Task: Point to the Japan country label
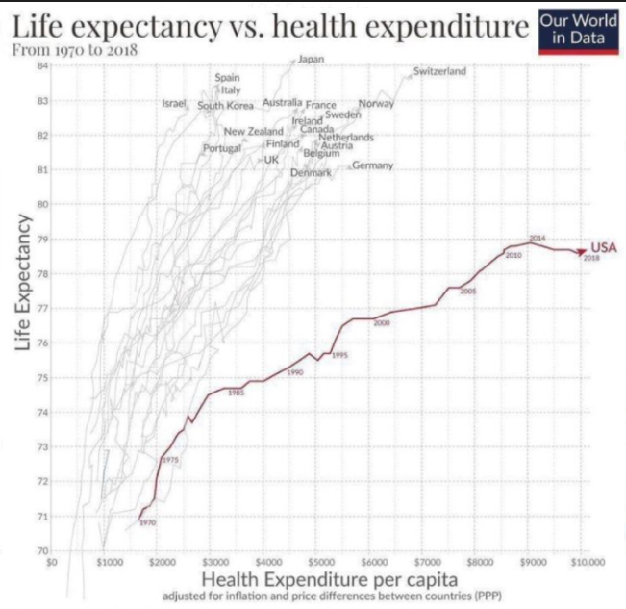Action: [x=311, y=60]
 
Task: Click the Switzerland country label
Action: [x=439, y=71]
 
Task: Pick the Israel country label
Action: [x=174, y=102]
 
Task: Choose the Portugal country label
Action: [x=221, y=148]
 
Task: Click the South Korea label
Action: [x=226, y=105]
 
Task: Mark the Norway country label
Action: [x=375, y=103]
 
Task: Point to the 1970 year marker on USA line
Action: [x=147, y=522]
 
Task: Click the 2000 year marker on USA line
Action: [x=382, y=324]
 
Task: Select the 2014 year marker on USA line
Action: [x=538, y=237]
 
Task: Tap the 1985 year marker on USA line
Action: [x=236, y=393]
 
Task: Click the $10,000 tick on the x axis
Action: [x=588, y=558]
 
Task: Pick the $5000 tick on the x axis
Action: [x=320, y=558]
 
